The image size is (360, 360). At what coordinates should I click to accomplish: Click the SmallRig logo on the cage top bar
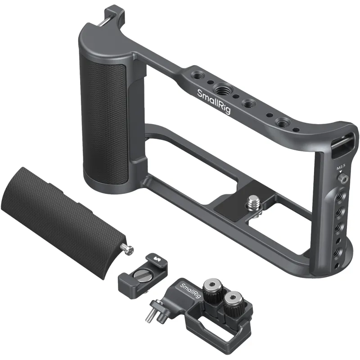[214, 101]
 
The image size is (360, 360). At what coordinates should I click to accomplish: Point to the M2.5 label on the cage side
[340, 168]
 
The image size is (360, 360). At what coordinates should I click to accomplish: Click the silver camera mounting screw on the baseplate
[253, 201]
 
